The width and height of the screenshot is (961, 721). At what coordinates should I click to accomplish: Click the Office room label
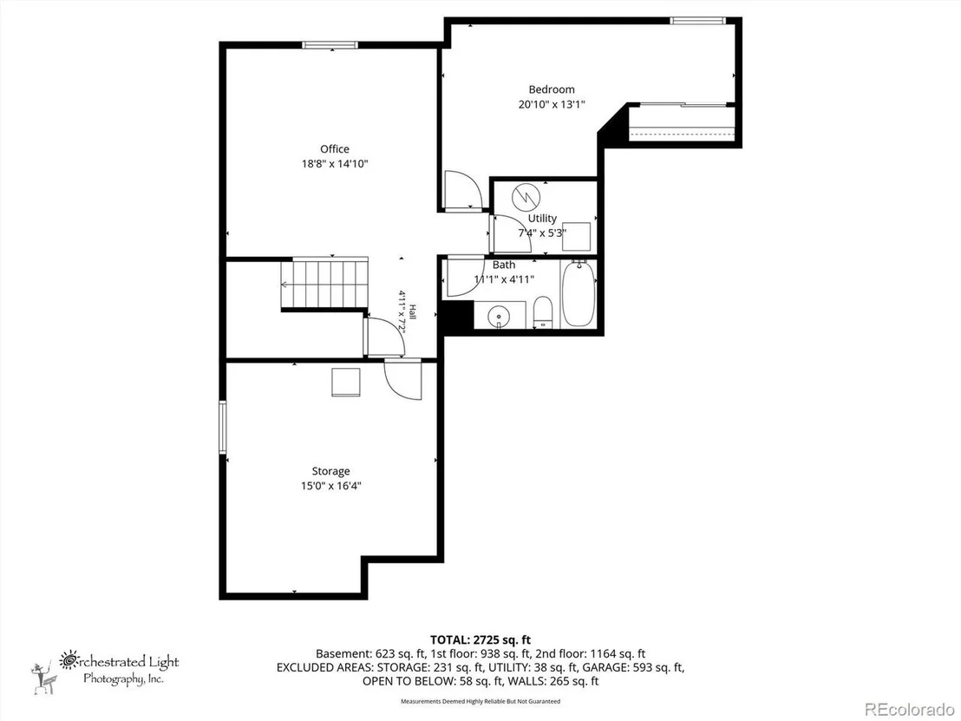pyautogui.click(x=335, y=149)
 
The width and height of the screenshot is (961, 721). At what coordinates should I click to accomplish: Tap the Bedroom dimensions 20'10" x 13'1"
pyautogui.click(x=552, y=104)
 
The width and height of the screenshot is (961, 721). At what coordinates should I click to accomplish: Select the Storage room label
pyautogui.click(x=331, y=471)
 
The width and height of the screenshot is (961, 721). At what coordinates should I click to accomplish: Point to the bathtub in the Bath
pyautogui.click(x=578, y=293)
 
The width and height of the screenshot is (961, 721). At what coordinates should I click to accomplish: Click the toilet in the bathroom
pyautogui.click(x=543, y=312)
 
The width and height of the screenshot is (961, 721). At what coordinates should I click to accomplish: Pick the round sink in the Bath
pyautogui.click(x=500, y=317)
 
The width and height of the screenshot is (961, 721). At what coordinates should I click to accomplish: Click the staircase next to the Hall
pyautogui.click(x=325, y=284)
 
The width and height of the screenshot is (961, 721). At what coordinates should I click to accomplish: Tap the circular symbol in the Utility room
pyautogui.click(x=526, y=195)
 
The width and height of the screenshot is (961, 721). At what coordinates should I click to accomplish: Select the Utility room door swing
pyautogui.click(x=512, y=233)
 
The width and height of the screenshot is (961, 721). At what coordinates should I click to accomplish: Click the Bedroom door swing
pyautogui.click(x=463, y=191)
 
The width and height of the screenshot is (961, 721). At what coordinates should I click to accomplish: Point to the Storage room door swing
pyautogui.click(x=403, y=380)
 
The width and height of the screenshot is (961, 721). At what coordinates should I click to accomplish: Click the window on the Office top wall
pyautogui.click(x=330, y=45)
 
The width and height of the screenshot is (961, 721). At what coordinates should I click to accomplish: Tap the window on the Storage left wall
pyautogui.click(x=223, y=428)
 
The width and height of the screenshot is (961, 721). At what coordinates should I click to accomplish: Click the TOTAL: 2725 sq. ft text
pyautogui.click(x=480, y=640)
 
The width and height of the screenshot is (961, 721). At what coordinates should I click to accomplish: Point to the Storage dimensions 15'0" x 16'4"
pyautogui.click(x=331, y=486)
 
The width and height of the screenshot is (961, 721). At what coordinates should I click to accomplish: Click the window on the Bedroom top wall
pyautogui.click(x=696, y=21)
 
